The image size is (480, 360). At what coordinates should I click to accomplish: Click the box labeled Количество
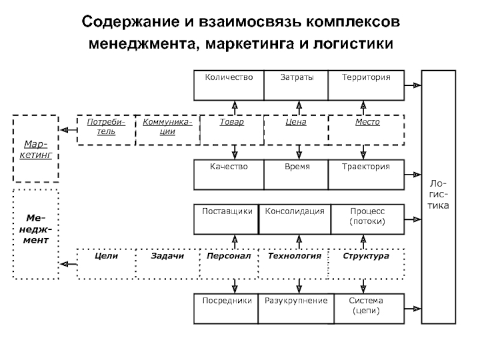[229, 85]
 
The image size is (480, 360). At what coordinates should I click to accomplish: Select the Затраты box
[296, 85]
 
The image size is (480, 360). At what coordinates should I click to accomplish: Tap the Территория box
[366, 85]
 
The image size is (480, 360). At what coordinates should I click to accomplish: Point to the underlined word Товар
[232, 122]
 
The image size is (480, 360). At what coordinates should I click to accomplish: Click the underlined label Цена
[296, 122]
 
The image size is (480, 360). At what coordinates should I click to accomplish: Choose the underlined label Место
[366, 122]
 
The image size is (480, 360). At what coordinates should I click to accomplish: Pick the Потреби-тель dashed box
[106, 129]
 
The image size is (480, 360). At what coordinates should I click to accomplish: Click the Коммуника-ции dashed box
[167, 129]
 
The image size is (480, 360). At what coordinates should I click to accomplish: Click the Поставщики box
[226, 220]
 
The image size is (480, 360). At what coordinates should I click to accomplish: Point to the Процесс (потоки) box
[366, 220]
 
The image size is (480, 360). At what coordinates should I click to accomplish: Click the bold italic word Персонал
[228, 256]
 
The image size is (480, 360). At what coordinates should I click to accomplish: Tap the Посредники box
[226, 307]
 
